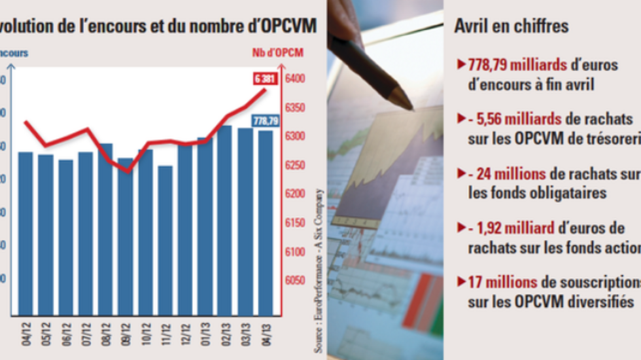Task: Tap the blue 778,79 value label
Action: (266, 120)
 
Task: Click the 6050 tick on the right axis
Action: (295, 280)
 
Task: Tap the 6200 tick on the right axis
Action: (295, 194)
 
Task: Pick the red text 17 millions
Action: (503, 283)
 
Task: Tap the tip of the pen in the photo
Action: (410, 107)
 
